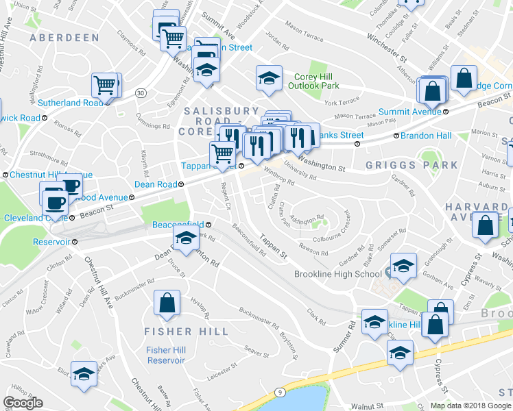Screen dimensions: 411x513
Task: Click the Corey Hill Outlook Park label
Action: (x=313, y=82)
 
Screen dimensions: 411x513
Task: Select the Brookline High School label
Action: (x=337, y=275)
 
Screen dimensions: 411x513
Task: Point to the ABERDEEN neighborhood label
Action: (x=64, y=37)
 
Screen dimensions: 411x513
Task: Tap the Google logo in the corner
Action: (x=23, y=403)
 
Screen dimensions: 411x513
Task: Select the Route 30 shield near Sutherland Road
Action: (x=141, y=92)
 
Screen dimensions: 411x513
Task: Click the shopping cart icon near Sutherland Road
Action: (x=105, y=85)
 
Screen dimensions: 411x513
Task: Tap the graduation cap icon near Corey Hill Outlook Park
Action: (x=269, y=77)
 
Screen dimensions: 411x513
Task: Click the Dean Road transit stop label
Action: (x=156, y=184)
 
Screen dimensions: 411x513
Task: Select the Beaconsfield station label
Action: (x=177, y=224)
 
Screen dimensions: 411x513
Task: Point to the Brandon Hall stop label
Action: (x=425, y=136)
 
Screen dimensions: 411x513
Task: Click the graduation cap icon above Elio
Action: (x=84, y=373)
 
